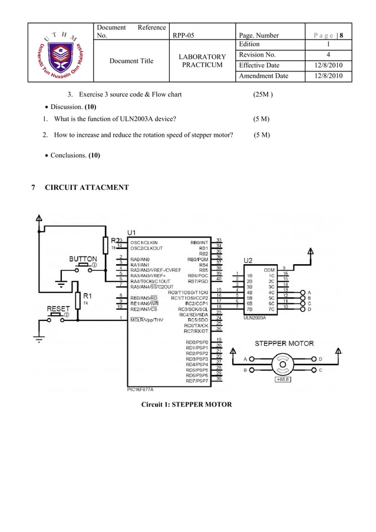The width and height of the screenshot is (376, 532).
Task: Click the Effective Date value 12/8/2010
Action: pyautogui.click(x=328, y=65)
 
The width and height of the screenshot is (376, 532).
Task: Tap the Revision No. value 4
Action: pyautogui.click(x=328, y=55)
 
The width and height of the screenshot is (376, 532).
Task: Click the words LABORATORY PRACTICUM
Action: pyautogui.click(x=202, y=61)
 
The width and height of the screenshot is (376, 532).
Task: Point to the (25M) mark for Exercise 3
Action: pyautogui.click(x=262, y=94)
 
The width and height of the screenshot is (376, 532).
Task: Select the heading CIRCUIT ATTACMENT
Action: pyautogui.click(x=87, y=188)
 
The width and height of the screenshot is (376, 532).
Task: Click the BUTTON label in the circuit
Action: pyautogui.click(x=83, y=259)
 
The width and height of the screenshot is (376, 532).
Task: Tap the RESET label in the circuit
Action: pyautogui.click(x=58, y=308)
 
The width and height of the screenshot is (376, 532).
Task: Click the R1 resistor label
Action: pyautogui.click(x=86, y=295)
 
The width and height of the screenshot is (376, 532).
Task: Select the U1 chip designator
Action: pyautogui.click(x=133, y=232)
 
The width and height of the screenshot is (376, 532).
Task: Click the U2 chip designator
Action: pyautogui.click(x=249, y=260)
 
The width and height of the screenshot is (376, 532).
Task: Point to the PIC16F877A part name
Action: pyautogui.click(x=144, y=389)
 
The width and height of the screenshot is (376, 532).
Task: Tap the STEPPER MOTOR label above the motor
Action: pyautogui.click(x=283, y=343)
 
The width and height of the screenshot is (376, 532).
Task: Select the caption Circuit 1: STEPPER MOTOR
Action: pyautogui.click(x=186, y=405)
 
